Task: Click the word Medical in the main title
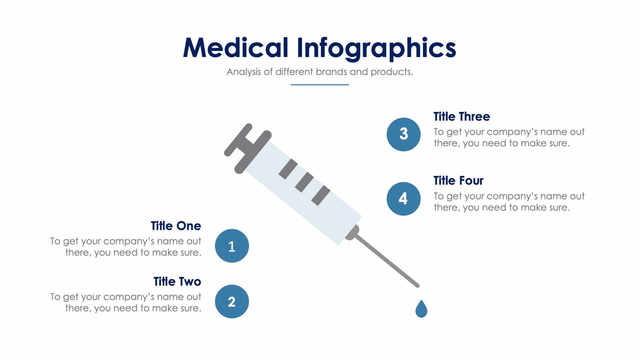pyautogui.click(x=235, y=48)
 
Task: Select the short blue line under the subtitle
pyautogui.click(x=320, y=85)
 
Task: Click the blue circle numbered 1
pyautogui.click(x=232, y=246)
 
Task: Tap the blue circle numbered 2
pyautogui.click(x=232, y=301)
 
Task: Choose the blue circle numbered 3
pyautogui.click(x=403, y=134)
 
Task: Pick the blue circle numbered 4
pyautogui.click(x=403, y=199)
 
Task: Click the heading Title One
pyautogui.click(x=176, y=226)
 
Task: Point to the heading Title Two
pyautogui.click(x=177, y=282)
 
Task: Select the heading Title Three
pyautogui.click(x=461, y=117)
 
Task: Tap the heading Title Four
pyautogui.click(x=458, y=181)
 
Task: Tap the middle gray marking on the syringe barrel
pyautogui.click(x=304, y=182)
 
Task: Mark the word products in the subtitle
pyautogui.click(x=391, y=72)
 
